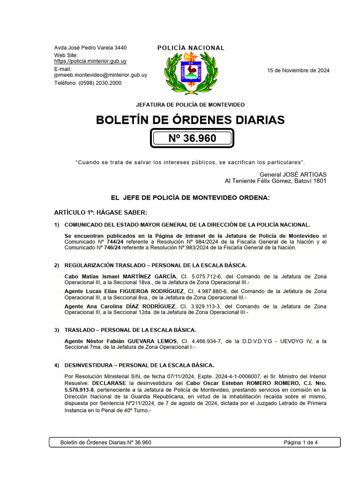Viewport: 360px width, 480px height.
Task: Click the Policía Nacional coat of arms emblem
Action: [x=190, y=73]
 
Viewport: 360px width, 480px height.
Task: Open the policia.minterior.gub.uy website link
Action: [x=90, y=61]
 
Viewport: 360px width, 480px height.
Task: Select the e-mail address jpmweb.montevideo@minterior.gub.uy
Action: [x=101, y=75]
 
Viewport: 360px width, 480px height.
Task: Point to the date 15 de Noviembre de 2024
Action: [x=298, y=71]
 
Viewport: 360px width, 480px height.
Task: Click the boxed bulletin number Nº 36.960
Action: [x=192, y=138]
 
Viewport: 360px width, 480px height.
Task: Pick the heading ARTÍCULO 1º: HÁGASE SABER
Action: [x=100, y=212]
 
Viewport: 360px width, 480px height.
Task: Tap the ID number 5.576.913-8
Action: [x=79, y=390]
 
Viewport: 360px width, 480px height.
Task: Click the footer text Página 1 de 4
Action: [x=301, y=442]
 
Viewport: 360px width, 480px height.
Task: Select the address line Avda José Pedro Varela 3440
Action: [x=90, y=48]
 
